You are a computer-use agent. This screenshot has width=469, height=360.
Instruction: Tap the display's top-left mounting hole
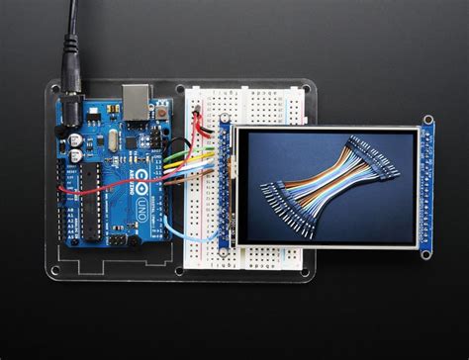pos(226,124)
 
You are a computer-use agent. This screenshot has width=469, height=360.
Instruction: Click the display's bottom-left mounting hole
pos(227,255)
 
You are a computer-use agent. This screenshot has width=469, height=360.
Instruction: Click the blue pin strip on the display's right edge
pos(428,188)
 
